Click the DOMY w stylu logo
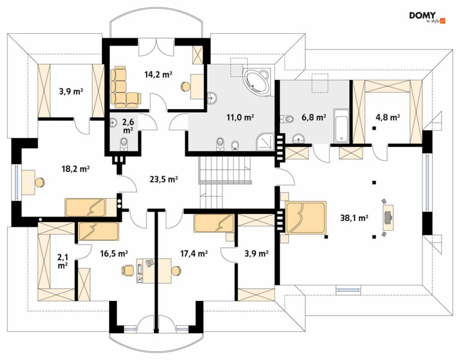[x=427, y=17]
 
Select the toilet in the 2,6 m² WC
[x=124, y=144]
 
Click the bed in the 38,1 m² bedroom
[x=306, y=217]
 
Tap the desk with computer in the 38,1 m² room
[x=387, y=216]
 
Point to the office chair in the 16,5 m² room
[x=127, y=270]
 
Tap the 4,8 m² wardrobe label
[x=387, y=117]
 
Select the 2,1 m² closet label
[x=62, y=262]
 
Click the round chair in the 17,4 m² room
[x=176, y=270]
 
